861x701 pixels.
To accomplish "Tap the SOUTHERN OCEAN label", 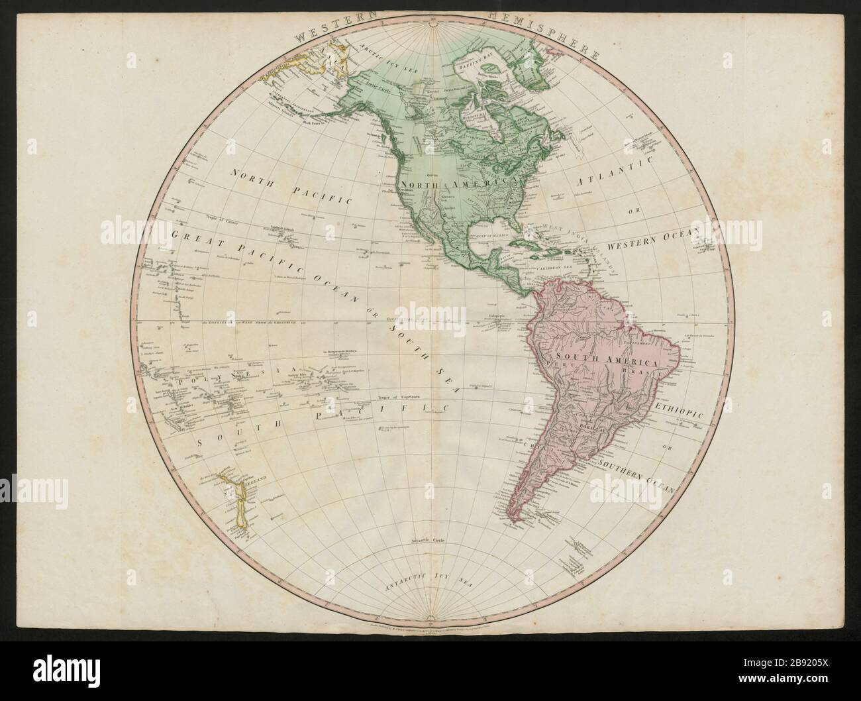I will click(640, 472).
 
